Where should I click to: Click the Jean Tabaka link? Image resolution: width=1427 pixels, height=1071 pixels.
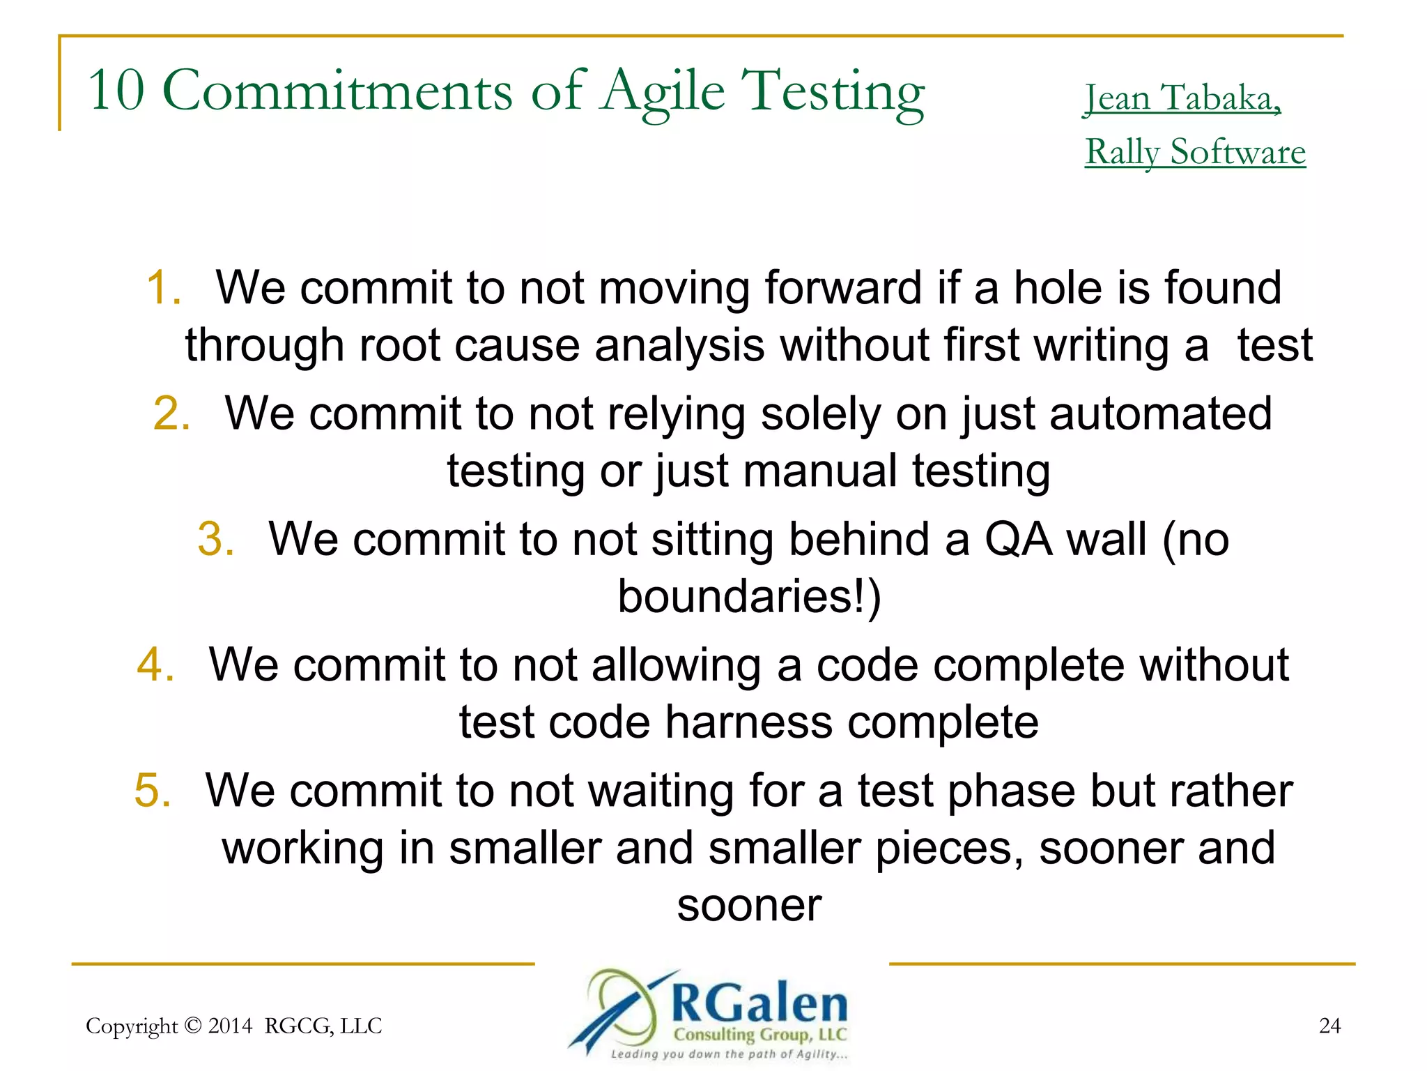1182,99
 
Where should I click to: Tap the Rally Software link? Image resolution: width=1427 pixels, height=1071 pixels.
1195,153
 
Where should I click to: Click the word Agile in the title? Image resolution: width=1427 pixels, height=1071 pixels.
663,92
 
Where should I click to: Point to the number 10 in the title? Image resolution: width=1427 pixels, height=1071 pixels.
116,91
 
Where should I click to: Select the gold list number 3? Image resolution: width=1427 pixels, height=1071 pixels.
215,539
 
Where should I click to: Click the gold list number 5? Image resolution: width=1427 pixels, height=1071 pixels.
152,791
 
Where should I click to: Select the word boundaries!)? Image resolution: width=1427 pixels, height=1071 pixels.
749,597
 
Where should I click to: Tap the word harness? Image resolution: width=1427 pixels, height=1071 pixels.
748,722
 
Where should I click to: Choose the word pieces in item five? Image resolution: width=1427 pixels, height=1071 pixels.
948,849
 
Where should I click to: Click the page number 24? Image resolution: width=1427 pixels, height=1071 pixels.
1329,1026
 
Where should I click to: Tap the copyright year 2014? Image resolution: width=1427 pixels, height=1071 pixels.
230,1026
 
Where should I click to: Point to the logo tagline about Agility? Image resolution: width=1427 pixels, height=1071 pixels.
729,1054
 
